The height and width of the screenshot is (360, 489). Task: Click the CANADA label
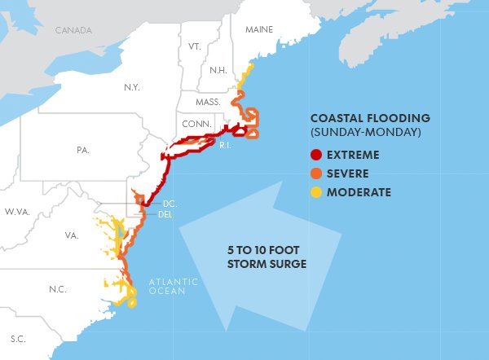[x=74, y=30]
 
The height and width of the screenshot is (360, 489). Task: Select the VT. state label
[x=195, y=47]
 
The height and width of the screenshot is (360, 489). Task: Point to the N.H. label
[x=218, y=70]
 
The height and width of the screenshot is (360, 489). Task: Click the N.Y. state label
[x=132, y=86]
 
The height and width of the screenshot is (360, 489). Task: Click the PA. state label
[x=82, y=151]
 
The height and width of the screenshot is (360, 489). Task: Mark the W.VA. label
[x=16, y=212]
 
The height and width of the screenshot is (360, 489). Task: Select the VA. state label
[x=72, y=236]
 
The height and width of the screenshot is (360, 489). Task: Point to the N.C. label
[x=58, y=289]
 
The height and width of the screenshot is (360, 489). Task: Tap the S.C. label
[x=17, y=338]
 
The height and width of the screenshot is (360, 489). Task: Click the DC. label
[x=170, y=203]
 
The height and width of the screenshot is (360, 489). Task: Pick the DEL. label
[x=166, y=215]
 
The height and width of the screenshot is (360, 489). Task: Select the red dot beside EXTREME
[x=315, y=155]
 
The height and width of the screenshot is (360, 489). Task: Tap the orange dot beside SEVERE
[x=315, y=173]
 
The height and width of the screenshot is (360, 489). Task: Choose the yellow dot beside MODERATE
[x=315, y=192]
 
